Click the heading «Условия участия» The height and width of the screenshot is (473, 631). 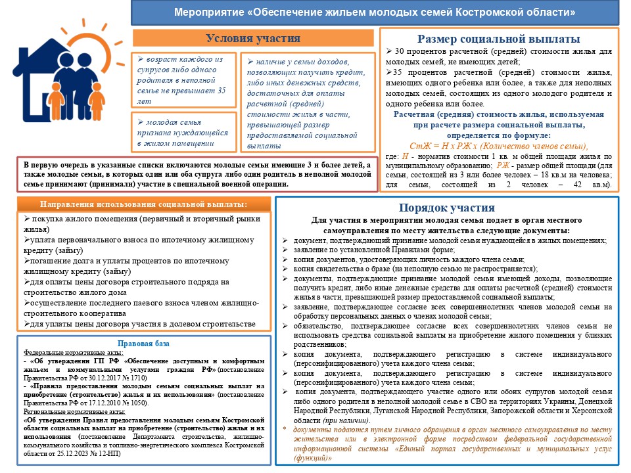click(x=253, y=38)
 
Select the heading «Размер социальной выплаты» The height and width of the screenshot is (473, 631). click(x=499, y=39)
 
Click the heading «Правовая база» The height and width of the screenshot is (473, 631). click(x=143, y=344)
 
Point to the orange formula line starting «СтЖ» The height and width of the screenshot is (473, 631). click(x=499, y=146)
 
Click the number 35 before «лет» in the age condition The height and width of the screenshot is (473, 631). click(x=221, y=91)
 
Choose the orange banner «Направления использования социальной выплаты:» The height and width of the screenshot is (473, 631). click(x=143, y=204)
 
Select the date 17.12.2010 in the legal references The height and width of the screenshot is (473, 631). click(x=89, y=403)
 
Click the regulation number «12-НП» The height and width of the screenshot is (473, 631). click(x=110, y=453)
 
